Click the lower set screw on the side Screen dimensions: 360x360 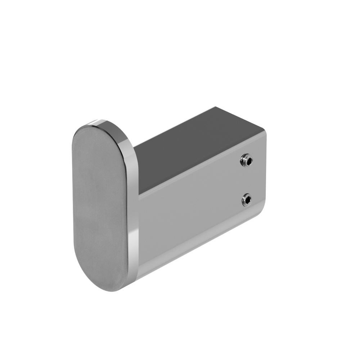247,199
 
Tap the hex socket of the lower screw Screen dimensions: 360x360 248,200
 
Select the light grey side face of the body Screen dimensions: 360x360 194,223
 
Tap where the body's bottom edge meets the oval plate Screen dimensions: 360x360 138,276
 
